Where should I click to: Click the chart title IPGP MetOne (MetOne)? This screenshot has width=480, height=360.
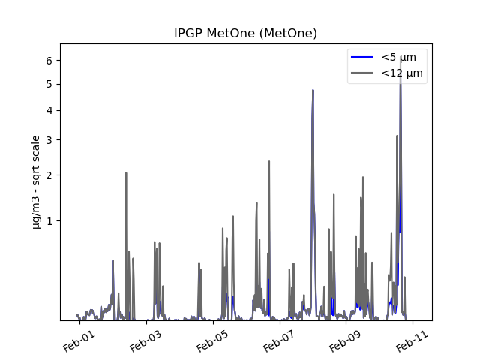(245, 34)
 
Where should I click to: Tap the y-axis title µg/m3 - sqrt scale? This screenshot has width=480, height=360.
(36, 181)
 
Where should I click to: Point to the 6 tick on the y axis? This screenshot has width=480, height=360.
(49, 61)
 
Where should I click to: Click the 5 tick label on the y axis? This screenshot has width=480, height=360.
(49, 84)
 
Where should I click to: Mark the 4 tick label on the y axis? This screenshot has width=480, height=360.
(49, 110)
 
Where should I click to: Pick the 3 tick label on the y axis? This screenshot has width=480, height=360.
(49, 140)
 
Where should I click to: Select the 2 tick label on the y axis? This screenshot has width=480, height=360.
(49, 175)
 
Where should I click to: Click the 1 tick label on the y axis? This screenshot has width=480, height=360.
(49, 221)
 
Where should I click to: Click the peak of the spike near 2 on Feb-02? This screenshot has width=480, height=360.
(126, 173)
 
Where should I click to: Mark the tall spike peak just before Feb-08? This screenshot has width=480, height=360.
(313, 91)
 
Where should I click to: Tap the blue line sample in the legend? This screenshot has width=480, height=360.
(363, 57)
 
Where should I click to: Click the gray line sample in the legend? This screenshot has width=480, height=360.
(363, 73)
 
